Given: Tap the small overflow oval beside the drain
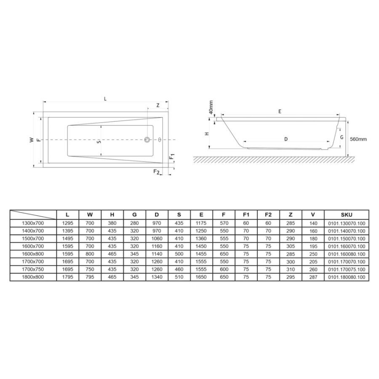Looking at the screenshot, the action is tap(160, 139).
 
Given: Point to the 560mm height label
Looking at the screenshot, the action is tap(358, 139).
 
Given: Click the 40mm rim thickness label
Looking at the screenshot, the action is tap(211, 107).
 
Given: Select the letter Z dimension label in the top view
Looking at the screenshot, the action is tap(158, 105).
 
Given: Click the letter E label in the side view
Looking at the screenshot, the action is tap(280, 112).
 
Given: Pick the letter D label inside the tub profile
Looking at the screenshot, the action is tap(286, 139).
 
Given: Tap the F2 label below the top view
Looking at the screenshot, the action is tap(157, 172).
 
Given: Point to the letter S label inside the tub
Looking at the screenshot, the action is tap(99, 141).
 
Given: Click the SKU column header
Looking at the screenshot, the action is tap(347, 215).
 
